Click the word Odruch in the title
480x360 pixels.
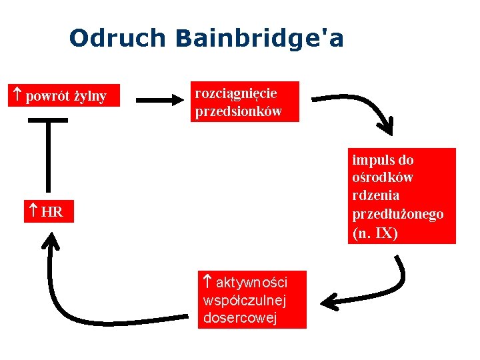(117, 38)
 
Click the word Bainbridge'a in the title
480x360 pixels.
(260, 38)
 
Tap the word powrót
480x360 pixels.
(47, 97)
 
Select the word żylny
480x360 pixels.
(90, 97)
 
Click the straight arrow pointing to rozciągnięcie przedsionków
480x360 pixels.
(160, 101)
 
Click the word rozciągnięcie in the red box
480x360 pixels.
(235, 93)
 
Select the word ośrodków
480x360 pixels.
(383, 178)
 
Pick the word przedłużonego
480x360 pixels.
(397, 214)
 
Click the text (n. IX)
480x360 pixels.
(375, 233)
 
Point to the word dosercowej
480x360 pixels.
(239, 317)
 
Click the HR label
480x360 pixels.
(52, 213)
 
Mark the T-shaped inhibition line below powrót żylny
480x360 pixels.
(47, 153)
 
